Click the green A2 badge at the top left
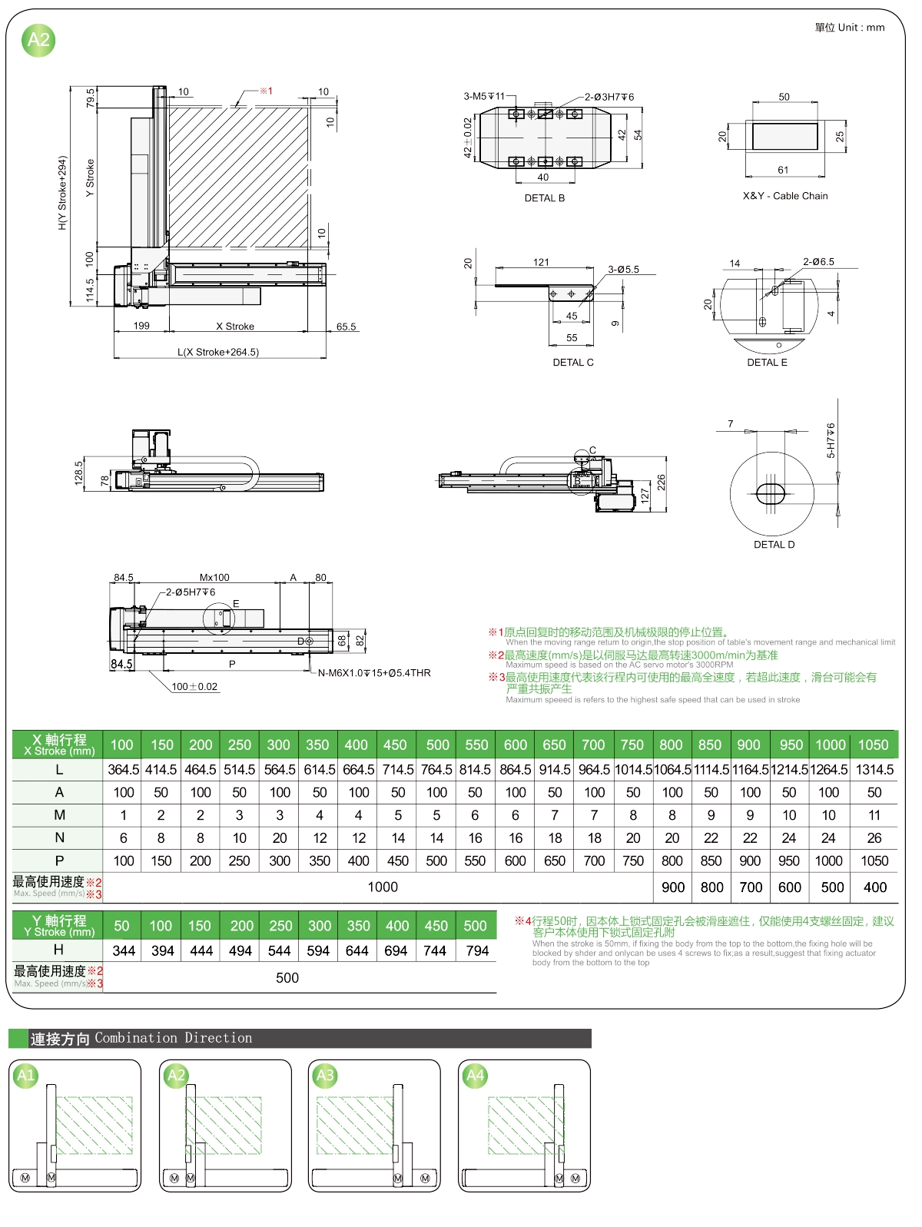pyautogui.click(x=38, y=40)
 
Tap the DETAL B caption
pyautogui.click(x=544, y=198)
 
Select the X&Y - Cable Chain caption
pyautogui.click(x=784, y=196)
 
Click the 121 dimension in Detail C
pyautogui.click(x=541, y=262)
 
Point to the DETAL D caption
pyautogui.click(x=774, y=545)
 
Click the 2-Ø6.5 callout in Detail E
pyautogui.click(x=818, y=262)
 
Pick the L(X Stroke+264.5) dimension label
pyautogui.click(x=218, y=352)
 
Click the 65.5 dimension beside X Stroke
pyautogui.click(x=346, y=327)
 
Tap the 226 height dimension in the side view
pyautogui.click(x=661, y=483)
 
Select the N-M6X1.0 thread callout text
pyautogui.click(x=374, y=673)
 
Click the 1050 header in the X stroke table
pyautogui.click(x=873, y=744)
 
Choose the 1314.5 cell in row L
pyautogui.click(x=874, y=769)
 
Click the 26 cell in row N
pyautogui.click(x=874, y=838)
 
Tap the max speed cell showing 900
pyautogui.click(x=673, y=887)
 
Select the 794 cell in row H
pyautogui.click(x=476, y=950)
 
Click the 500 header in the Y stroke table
pyautogui.click(x=475, y=926)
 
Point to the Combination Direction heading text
pyautogui.click(x=173, y=1038)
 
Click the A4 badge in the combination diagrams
pyautogui.click(x=476, y=1076)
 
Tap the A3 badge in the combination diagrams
pyautogui.click(x=326, y=1076)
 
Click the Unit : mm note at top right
pyautogui.click(x=849, y=28)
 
